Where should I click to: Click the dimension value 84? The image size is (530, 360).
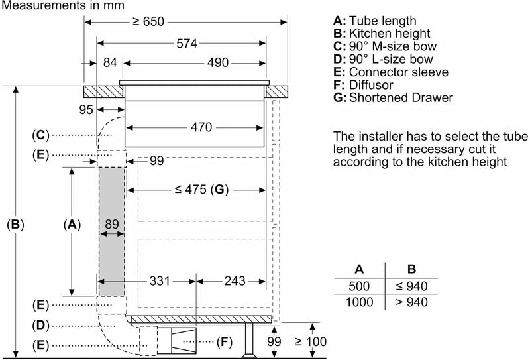pyautogui.click(x=110, y=63)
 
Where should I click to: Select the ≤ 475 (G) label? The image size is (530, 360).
pyautogui.click(x=201, y=190)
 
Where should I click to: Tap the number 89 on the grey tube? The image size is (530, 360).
pyautogui.click(x=111, y=225)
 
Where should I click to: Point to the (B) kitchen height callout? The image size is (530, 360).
pyautogui.click(x=15, y=225)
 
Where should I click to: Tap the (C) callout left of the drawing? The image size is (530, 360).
pyautogui.click(x=40, y=135)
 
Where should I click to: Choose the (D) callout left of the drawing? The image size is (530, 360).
pyautogui.click(x=40, y=326)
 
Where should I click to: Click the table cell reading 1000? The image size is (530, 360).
pyautogui.click(x=358, y=301)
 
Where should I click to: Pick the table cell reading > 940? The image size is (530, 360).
pyautogui.click(x=411, y=301)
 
